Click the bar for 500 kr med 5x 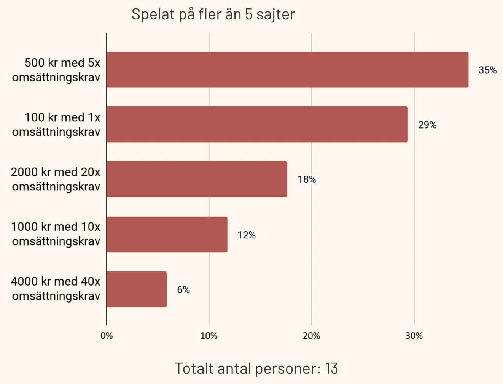pyautogui.click(x=287, y=70)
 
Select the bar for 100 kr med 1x pyautogui.click(x=257, y=124)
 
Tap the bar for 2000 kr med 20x pyautogui.click(x=197, y=179)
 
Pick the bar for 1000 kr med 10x pyautogui.click(x=167, y=235)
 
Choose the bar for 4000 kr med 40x pyautogui.click(x=136, y=289)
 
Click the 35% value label pyautogui.click(x=487, y=70)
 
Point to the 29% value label pyautogui.click(x=427, y=125)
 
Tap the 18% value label pyautogui.click(x=307, y=180)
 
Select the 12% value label pyautogui.click(x=246, y=235)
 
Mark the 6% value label pyautogui.click(x=183, y=290)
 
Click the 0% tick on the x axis pyautogui.click(x=107, y=336)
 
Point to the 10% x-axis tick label pyautogui.click(x=209, y=336)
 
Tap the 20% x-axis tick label pyautogui.click(x=311, y=336)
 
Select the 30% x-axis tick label pyautogui.click(x=414, y=336)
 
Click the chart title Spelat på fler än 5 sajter pyautogui.click(x=213, y=14)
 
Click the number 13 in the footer pyautogui.click(x=331, y=369)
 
